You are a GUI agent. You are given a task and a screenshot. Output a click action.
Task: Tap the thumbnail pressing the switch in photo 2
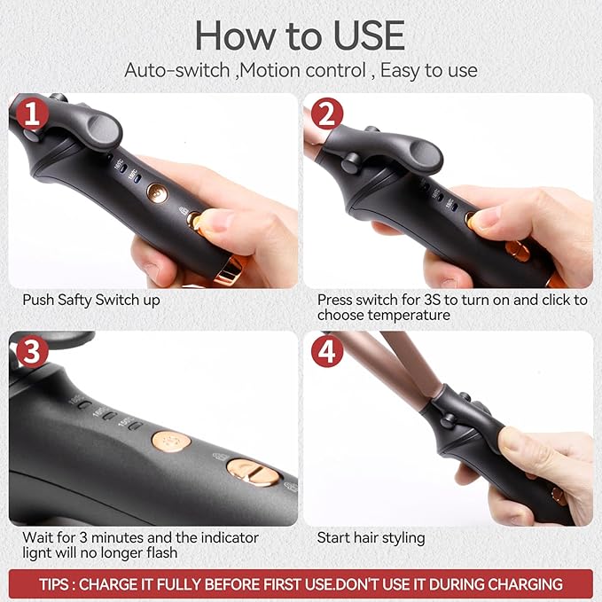pyautogui.click(x=485, y=218)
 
